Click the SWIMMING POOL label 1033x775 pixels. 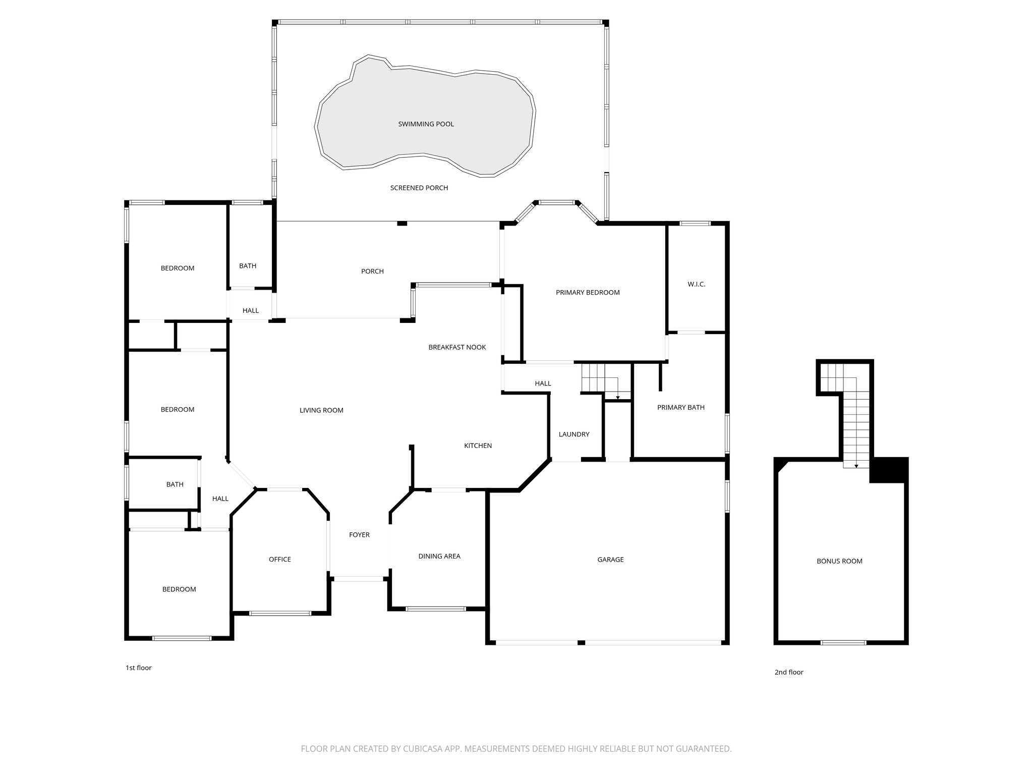[426, 124]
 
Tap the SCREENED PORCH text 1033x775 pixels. [419, 188]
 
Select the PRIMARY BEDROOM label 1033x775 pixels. [588, 292]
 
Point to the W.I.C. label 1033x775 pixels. [696, 284]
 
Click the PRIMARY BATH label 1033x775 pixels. [680, 407]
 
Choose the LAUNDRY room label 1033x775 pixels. [574, 434]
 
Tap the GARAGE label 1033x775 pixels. [610, 559]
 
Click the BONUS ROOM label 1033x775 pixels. [839, 561]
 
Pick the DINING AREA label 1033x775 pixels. [439, 556]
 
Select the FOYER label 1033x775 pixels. [359, 534]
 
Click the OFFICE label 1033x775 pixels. [279, 559]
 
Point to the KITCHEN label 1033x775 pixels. [478, 446]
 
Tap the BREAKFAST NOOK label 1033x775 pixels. [457, 347]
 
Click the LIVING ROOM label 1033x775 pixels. [321, 410]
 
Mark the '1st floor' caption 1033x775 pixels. [138, 668]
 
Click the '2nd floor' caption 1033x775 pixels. [789, 672]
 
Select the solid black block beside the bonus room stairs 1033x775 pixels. [889, 470]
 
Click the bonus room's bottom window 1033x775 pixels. [843, 642]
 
